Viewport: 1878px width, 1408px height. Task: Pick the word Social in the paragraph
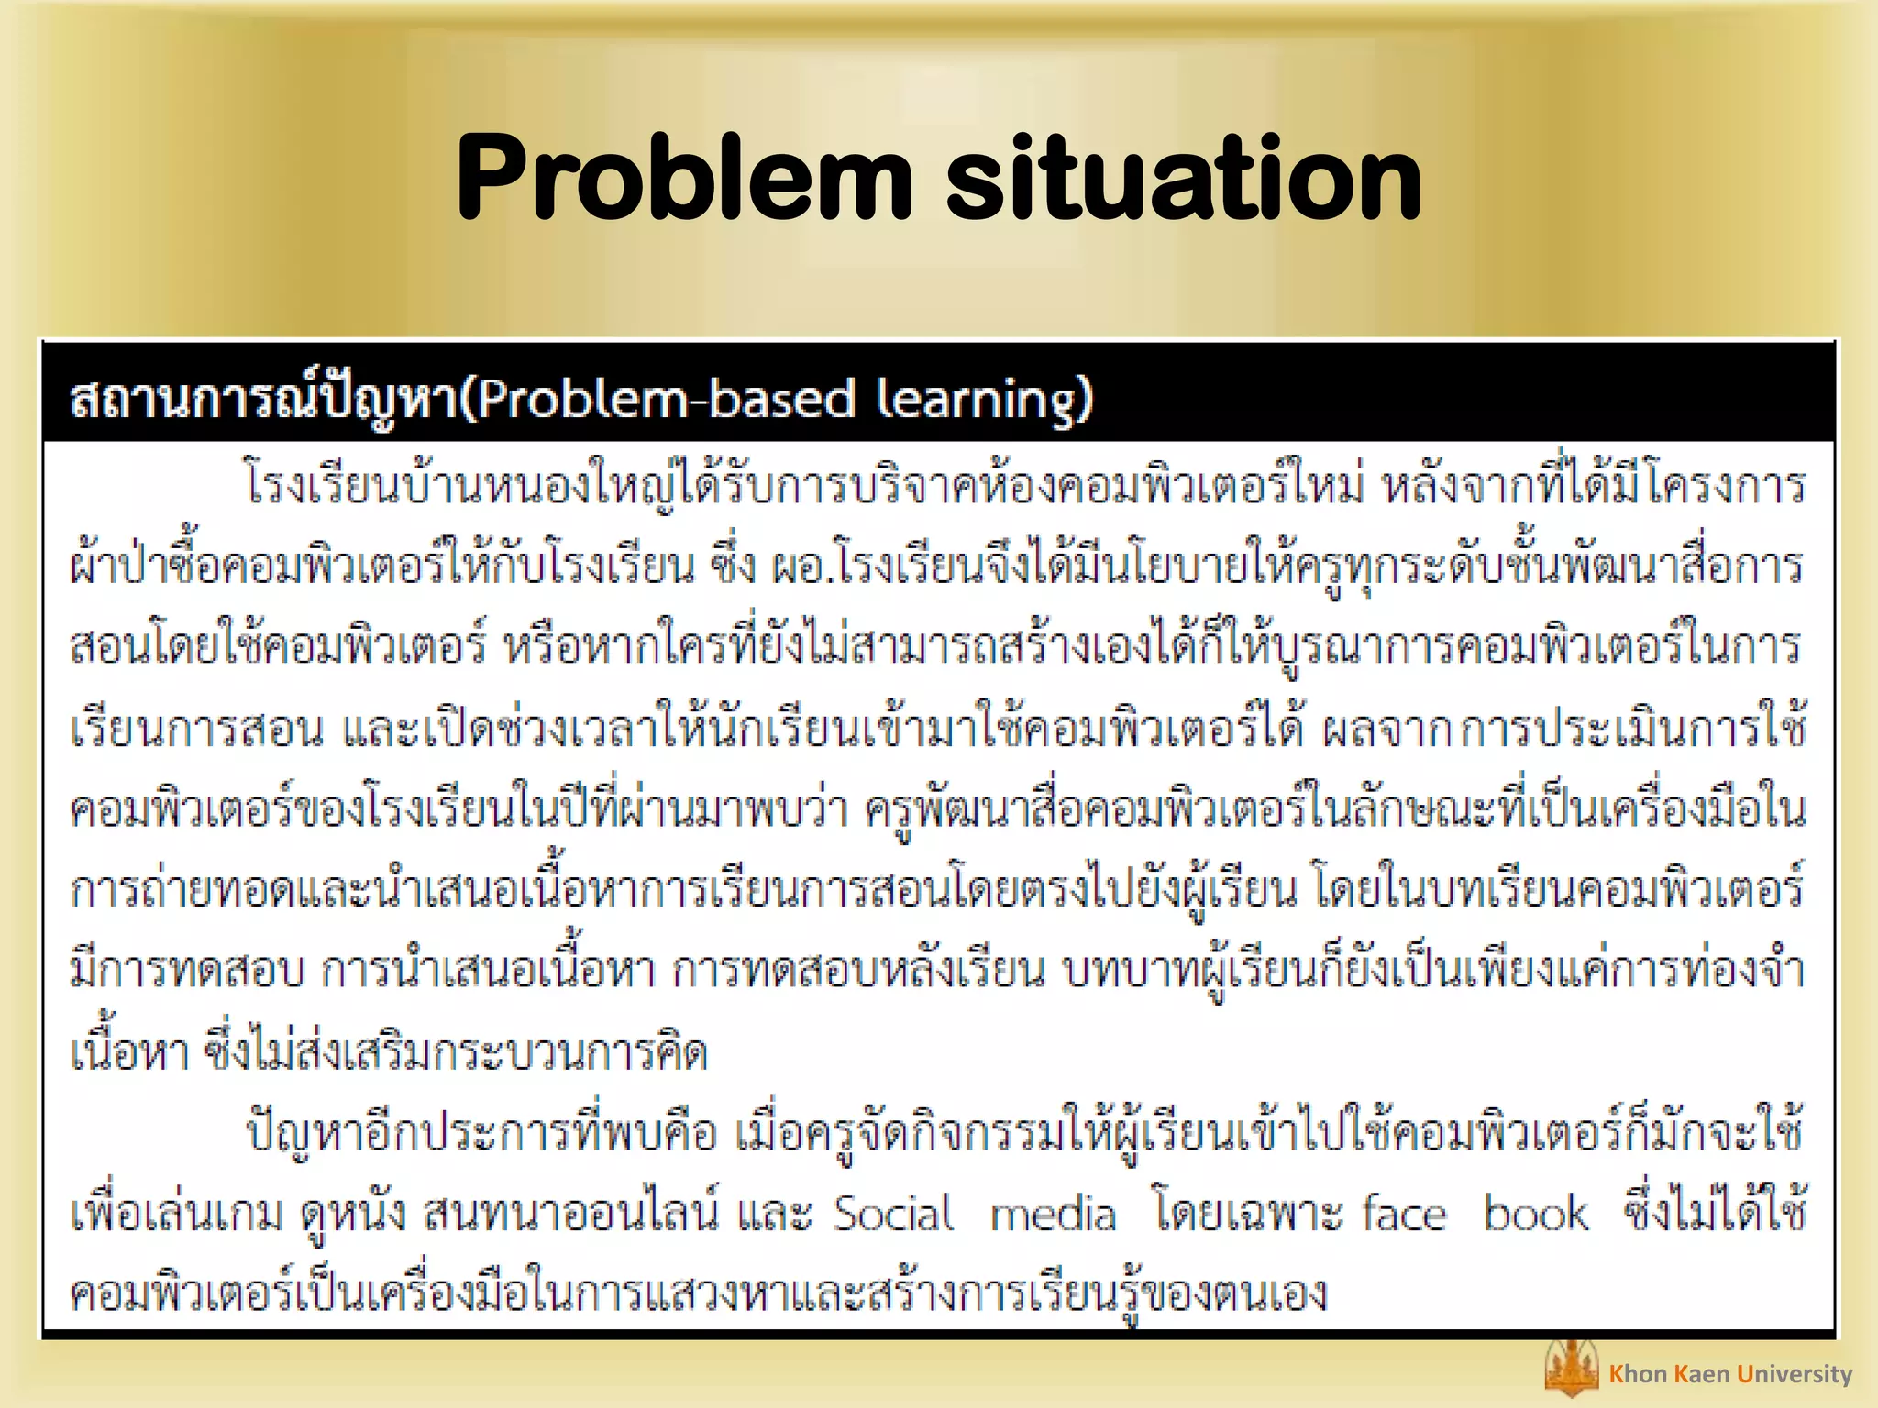(x=893, y=1214)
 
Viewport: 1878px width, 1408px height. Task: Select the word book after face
(x=1536, y=1214)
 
